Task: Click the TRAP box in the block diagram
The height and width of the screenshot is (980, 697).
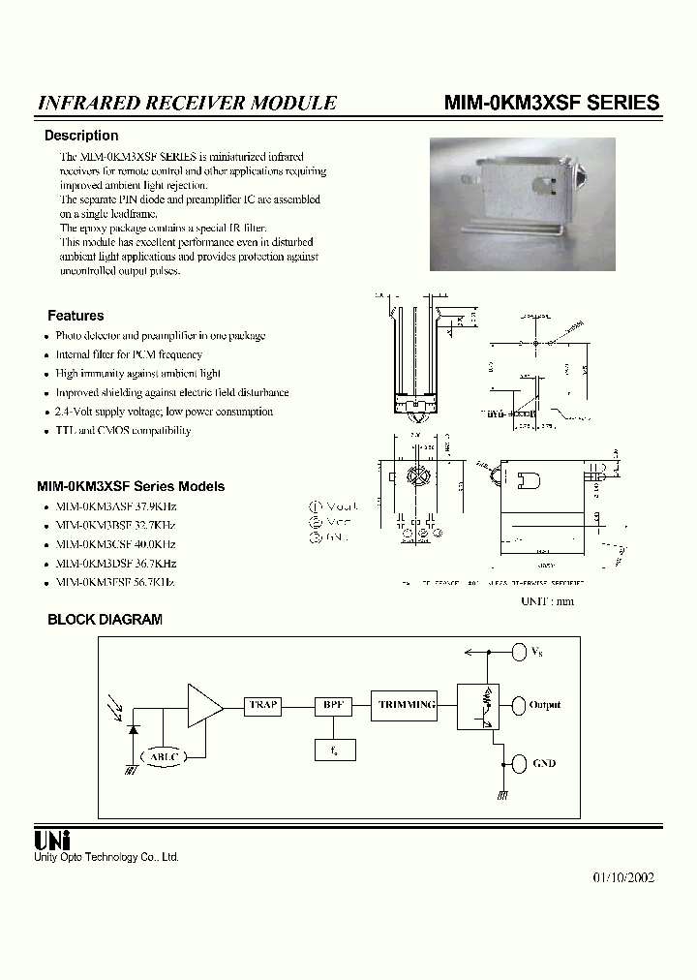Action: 263,706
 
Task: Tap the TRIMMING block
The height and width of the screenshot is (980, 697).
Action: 407,706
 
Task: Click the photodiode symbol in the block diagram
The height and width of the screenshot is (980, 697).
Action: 132,727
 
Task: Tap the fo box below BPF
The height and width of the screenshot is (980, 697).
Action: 334,749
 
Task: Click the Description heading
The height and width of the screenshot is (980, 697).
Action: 81,136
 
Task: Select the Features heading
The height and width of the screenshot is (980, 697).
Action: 76,316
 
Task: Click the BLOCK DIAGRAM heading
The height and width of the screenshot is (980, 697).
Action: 105,620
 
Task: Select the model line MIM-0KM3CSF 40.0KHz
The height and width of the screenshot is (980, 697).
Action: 116,544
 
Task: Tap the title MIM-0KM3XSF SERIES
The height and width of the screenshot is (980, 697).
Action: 552,103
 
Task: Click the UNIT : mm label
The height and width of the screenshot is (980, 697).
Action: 547,601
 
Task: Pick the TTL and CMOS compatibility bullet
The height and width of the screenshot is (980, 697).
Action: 123,431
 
